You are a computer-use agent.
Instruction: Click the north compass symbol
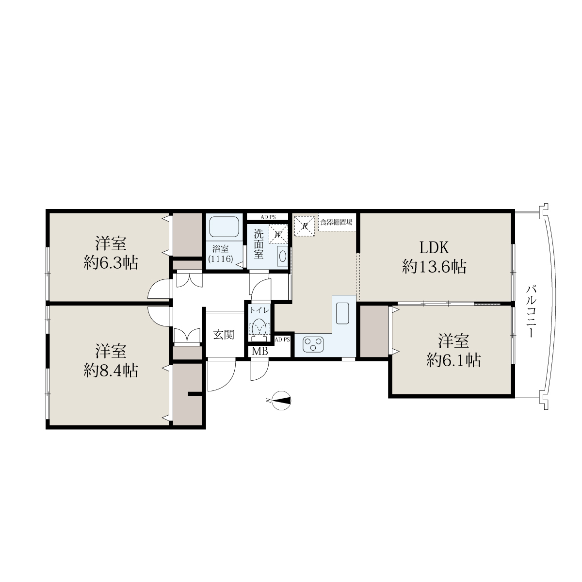coord(281,401)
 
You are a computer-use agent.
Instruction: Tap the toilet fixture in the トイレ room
coord(259,329)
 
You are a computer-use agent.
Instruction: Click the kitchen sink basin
coord(342,313)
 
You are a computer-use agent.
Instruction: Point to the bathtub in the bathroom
coord(224,227)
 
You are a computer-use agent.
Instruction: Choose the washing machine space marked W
coord(278,234)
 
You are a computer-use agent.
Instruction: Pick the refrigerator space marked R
coord(305,226)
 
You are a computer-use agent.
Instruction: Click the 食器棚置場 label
coord(337,222)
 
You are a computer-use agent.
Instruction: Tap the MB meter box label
coord(260,352)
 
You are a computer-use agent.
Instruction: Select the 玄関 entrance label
coord(224,335)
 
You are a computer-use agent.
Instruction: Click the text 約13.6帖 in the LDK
coord(434,267)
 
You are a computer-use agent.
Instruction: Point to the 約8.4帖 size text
coord(111,370)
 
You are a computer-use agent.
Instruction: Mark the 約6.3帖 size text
coord(111,263)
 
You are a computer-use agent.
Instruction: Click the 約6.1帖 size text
coord(453,360)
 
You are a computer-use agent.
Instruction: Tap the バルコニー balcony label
coord(531,311)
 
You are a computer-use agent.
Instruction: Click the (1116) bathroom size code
coord(221,259)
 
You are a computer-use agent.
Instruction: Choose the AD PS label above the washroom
coord(268,217)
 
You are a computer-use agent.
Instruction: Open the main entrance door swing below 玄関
coord(222,375)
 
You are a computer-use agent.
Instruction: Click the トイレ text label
coord(259,310)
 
